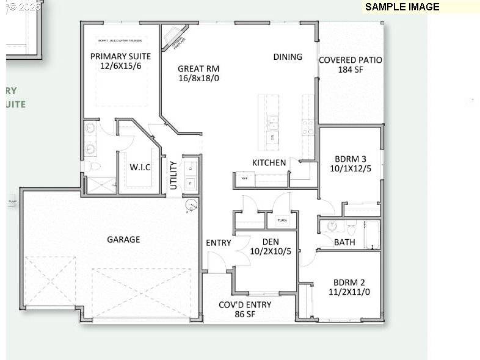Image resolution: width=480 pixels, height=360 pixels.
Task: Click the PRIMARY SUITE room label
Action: pyautogui.click(x=120, y=56)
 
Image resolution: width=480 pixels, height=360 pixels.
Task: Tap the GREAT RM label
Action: pyautogui.click(x=198, y=69)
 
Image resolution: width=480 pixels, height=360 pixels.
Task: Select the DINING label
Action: pyautogui.click(x=288, y=57)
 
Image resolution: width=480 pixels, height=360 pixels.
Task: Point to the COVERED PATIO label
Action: pyautogui.click(x=351, y=60)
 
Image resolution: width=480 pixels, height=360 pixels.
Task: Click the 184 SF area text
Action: pyautogui.click(x=351, y=70)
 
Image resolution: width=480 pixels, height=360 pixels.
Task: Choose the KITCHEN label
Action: pyautogui.click(x=269, y=162)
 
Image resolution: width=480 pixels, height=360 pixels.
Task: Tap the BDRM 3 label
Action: pyautogui.click(x=349, y=158)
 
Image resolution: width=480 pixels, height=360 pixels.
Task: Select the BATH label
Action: pyautogui.click(x=344, y=242)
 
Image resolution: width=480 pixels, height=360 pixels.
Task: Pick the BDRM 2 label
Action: pyautogui.click(x=349, y=283)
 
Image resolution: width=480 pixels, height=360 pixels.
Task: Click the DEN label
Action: pyautogui.click(x=266, y=242)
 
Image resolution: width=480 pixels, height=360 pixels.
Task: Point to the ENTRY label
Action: pyautogui.click(x=219, y=243)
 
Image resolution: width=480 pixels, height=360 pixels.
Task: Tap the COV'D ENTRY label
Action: pyautogui.click(x=245, y=304)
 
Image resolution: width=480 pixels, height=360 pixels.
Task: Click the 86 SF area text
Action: pyautogui.click(x=245, y=314)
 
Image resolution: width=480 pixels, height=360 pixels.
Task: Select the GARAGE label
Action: pyautogui.click(x=123, y=239)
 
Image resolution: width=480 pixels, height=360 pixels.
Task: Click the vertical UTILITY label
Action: pyautogui.click(x=173, y=175)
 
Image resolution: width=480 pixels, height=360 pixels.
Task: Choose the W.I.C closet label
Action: pyautogui.click(x=140, y=167)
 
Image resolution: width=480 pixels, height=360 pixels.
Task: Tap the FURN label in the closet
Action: pyautogui.click(x=282, y=220)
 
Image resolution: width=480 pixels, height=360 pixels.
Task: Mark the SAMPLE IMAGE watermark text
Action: pyautogui.click(x=402, y=7)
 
